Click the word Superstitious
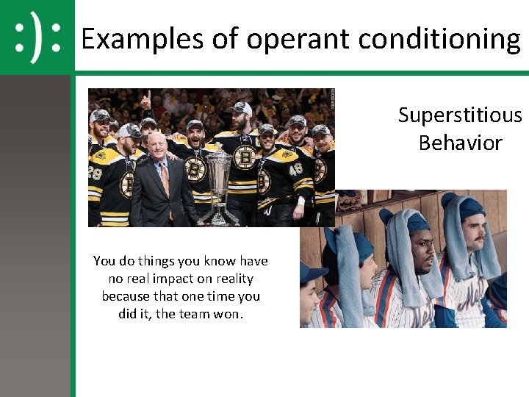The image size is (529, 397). point(460,115)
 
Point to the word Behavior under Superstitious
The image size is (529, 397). point(460,143)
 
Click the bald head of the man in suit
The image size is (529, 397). point(157,140)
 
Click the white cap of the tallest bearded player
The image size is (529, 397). point(242,108)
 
